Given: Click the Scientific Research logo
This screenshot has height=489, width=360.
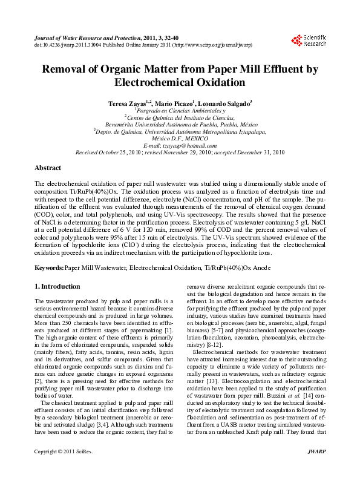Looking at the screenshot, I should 309,41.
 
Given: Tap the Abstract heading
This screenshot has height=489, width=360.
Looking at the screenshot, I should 48,168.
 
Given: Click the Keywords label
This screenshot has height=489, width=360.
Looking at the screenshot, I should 49,267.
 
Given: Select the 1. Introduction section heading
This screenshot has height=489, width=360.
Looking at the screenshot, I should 57,286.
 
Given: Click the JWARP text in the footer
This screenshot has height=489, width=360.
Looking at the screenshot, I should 314,468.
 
